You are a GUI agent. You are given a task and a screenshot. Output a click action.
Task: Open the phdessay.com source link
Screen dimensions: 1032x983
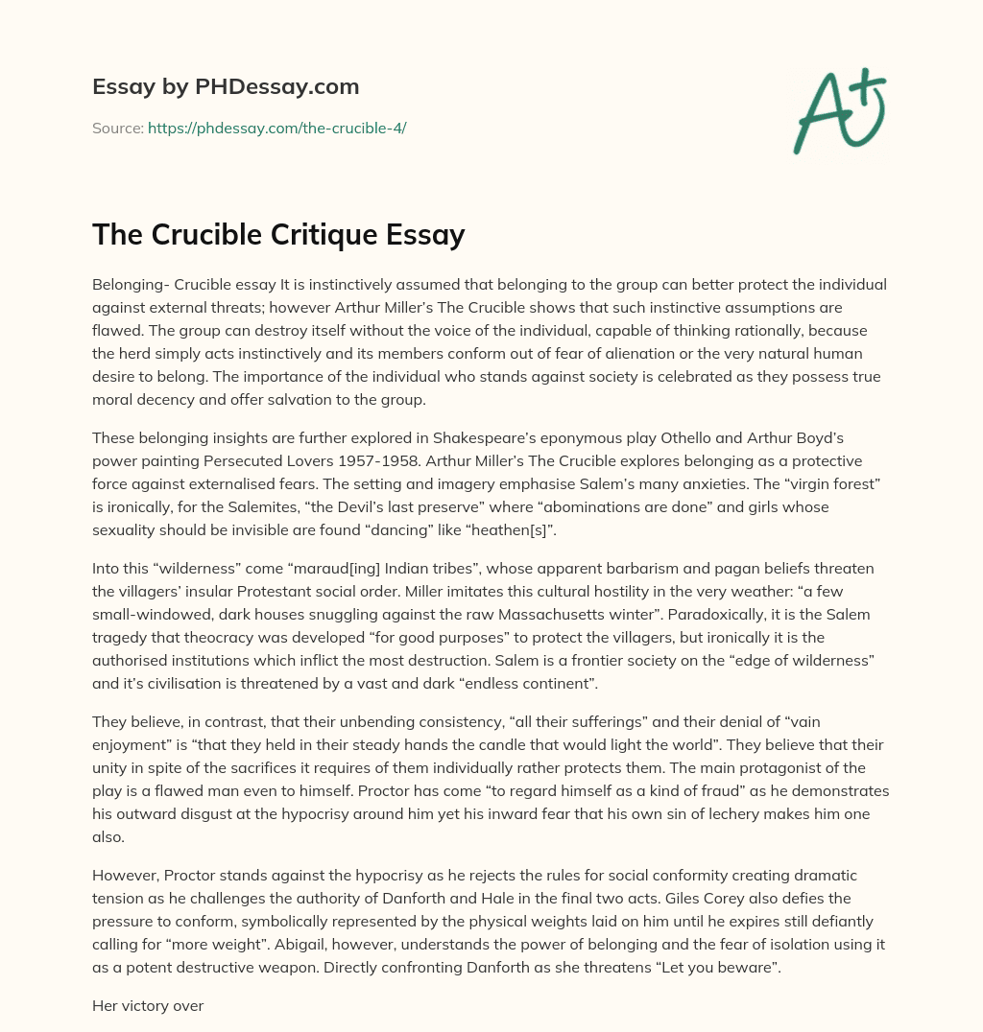[276, 128]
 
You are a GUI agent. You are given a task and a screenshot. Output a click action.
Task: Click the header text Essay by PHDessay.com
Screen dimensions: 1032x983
[226, 86]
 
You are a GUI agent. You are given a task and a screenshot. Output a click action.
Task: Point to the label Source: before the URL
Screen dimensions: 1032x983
[117, 128]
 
